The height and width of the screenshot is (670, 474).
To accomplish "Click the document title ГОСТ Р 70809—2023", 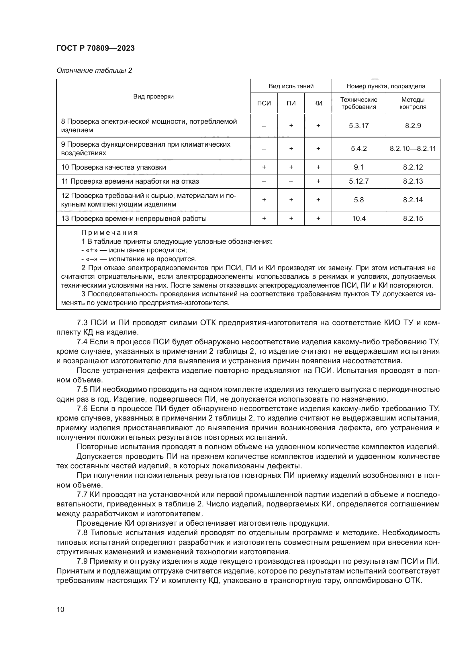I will click(95, 48).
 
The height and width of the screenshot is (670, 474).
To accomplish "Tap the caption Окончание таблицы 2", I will click(94, 71).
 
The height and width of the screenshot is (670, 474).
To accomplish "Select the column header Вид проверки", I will click(153, 97).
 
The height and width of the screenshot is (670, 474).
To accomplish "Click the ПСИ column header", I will click(264, 103).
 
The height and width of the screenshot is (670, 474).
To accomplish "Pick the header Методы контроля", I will click(413, 103).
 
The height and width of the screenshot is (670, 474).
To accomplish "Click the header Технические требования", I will click(359, 103).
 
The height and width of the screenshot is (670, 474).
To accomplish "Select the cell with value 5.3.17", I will click(359, 126).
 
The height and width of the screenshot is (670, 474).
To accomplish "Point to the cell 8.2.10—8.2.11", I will click(413, 149).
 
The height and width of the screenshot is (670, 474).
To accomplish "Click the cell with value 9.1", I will click(359, 167).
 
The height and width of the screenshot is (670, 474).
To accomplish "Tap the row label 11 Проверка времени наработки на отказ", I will click(130, 182).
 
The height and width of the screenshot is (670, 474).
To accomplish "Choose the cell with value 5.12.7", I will click(359, 181).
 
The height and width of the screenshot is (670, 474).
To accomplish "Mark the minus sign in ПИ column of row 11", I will click(291, 182).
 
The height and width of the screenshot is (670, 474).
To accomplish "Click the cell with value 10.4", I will click(359, 219).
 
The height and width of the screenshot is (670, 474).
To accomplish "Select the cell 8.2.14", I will click(413, 200).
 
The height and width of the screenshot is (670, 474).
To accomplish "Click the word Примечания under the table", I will click(109, 233).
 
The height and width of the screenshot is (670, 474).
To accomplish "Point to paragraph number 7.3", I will click(82, 323).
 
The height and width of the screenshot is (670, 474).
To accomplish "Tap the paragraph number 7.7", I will click(82, 494).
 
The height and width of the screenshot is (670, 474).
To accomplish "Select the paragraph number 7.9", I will click(82, 561).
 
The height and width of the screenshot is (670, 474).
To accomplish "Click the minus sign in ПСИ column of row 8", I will click(264, 126).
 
